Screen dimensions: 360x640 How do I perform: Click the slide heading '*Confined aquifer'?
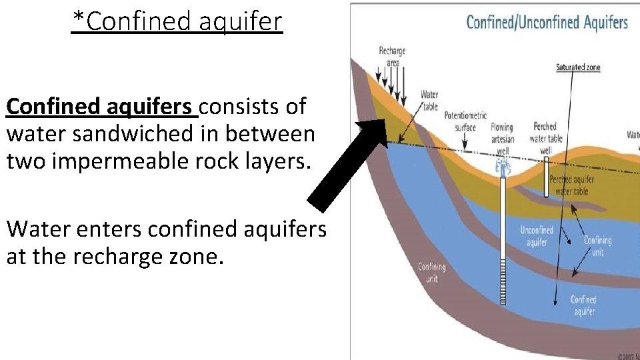pyautogui.click(x=177, y=21)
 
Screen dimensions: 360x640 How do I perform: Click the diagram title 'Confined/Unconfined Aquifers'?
pyautogui.click(x=547, y=22)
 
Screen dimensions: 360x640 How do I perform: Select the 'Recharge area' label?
pyautogui.click(x=392, y=57)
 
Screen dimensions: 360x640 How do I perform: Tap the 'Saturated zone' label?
pyautogui.click(x=578, y=67)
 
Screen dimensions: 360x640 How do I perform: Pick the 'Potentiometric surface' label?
pyautogui.click(x=465, y=121)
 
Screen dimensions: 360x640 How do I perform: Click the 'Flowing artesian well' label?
pyautogui.click(x=502, y=139)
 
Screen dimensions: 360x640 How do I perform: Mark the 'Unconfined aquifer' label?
pyautogui.click(x=537, y=236)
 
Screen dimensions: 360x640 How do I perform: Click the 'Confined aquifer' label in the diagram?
pyautogui.click(x=583, y=305)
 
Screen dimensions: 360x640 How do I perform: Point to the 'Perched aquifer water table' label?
pyautogui.click(x=573, y=185)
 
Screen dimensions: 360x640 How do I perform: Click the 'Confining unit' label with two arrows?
pyautogui.click(x=597, y=246)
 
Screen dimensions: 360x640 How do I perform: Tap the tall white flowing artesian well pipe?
pyautogui.click(x=503, y=240)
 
